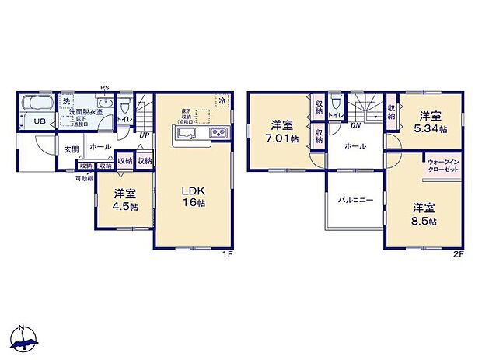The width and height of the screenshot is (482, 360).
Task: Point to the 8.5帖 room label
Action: tap(424, 215)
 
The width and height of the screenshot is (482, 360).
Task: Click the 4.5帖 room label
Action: tap(124, 199)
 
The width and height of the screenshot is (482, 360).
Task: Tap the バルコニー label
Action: tap(355, 200)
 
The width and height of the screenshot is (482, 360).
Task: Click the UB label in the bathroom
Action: tap(39, 121)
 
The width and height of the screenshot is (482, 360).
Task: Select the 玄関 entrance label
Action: tap(71, 150)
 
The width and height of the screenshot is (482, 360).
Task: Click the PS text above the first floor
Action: tap(103, 88)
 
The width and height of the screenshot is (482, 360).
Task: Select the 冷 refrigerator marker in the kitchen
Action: tap(222, 100)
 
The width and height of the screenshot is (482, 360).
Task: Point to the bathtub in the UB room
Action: tap(35, 103)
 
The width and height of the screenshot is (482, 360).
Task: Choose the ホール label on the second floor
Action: tap(355, 145)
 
